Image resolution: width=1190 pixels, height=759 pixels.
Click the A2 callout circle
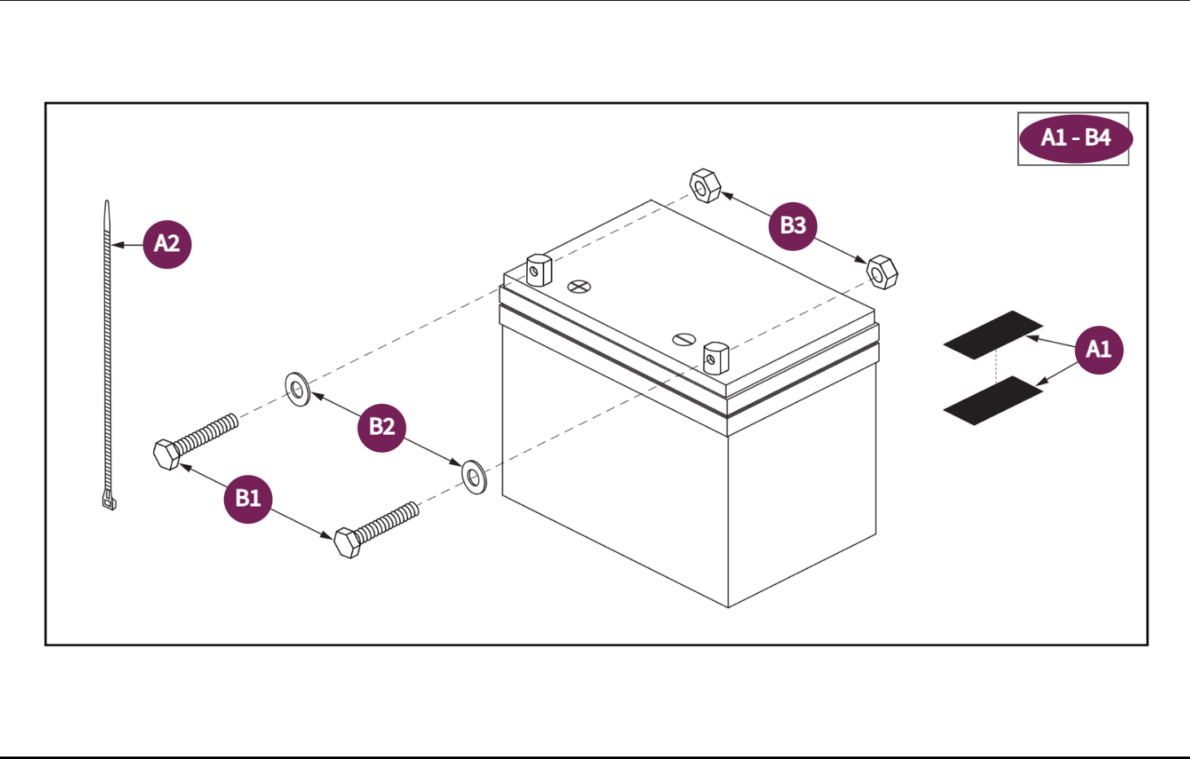coord(167,243)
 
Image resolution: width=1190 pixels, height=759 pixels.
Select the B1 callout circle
coord(248,498)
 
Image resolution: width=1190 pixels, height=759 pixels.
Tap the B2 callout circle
coord(381,427)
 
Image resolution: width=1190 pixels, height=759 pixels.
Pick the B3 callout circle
coord(793,226)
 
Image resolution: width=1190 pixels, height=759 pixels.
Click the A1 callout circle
coord(1098,349)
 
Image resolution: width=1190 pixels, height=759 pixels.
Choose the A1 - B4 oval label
coord(1075,138)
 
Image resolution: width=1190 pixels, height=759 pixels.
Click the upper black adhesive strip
coord(993,335)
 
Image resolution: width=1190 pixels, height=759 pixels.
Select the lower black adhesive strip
coord(993,400)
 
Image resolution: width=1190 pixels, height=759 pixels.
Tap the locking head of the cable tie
coord(109,501)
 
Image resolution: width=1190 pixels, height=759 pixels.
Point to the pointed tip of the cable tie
coord(107,205)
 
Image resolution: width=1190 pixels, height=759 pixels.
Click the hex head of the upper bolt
coord(166,454)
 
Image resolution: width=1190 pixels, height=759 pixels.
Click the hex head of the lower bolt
coord(347,542)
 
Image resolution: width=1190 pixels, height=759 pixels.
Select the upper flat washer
coord(297,389)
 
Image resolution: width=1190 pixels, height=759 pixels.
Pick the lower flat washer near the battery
coord(474,476)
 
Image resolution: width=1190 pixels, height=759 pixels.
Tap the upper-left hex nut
coord(705,186)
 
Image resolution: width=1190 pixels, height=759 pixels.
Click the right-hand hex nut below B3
coord(881,272)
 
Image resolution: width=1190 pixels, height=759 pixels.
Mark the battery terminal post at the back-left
coord(538,270)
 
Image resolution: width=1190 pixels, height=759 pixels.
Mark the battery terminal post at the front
coord(715,358)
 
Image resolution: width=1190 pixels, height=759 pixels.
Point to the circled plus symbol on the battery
coord(579,286)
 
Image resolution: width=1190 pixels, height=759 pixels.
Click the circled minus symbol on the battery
coord(683,339)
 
